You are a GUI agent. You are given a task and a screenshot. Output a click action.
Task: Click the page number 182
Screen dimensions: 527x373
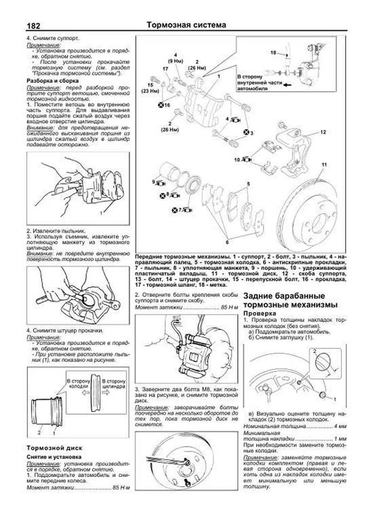point(33,26)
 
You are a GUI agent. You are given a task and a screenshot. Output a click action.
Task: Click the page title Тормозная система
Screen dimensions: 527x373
point(186,25)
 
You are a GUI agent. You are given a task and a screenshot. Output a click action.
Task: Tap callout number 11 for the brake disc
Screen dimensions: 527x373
point(324,165)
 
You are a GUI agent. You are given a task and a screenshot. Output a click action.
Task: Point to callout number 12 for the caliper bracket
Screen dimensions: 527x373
point(323,132)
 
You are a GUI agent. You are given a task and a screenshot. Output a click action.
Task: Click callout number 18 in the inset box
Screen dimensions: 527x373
point(273,53)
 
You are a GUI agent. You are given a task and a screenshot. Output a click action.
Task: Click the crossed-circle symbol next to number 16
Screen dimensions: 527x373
point(161,105)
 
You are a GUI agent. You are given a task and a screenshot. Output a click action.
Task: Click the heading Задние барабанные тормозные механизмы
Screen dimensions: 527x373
point(290,300)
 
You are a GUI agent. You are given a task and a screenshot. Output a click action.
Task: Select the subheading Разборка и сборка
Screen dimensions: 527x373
point(52,81)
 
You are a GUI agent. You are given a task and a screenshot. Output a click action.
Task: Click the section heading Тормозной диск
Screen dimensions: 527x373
point(54,448)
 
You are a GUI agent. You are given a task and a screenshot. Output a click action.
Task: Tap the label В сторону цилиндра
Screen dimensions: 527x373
point(114,384)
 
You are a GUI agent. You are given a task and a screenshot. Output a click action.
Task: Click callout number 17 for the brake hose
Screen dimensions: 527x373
point(165,69)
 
